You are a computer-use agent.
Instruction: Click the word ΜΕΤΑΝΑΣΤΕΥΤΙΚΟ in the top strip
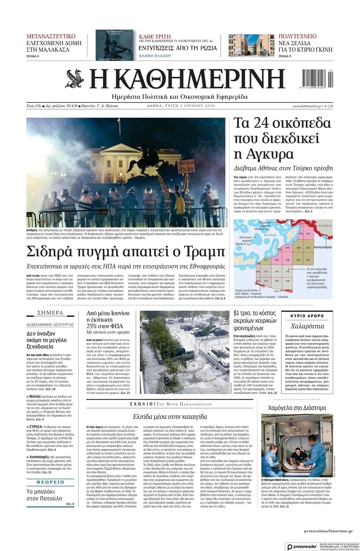pyautogui.click(x=51, y=36)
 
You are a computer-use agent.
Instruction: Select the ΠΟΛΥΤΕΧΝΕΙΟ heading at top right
pyautogui.click(x=297, y=36)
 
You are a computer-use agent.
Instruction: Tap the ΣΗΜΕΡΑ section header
pyautogui.click(x=50, y=313)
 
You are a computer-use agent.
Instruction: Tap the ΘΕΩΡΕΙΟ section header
pyautogui.click(x=50, y=482)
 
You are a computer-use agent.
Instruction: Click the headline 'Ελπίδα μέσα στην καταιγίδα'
pyautogui.click(x=170, y=416)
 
